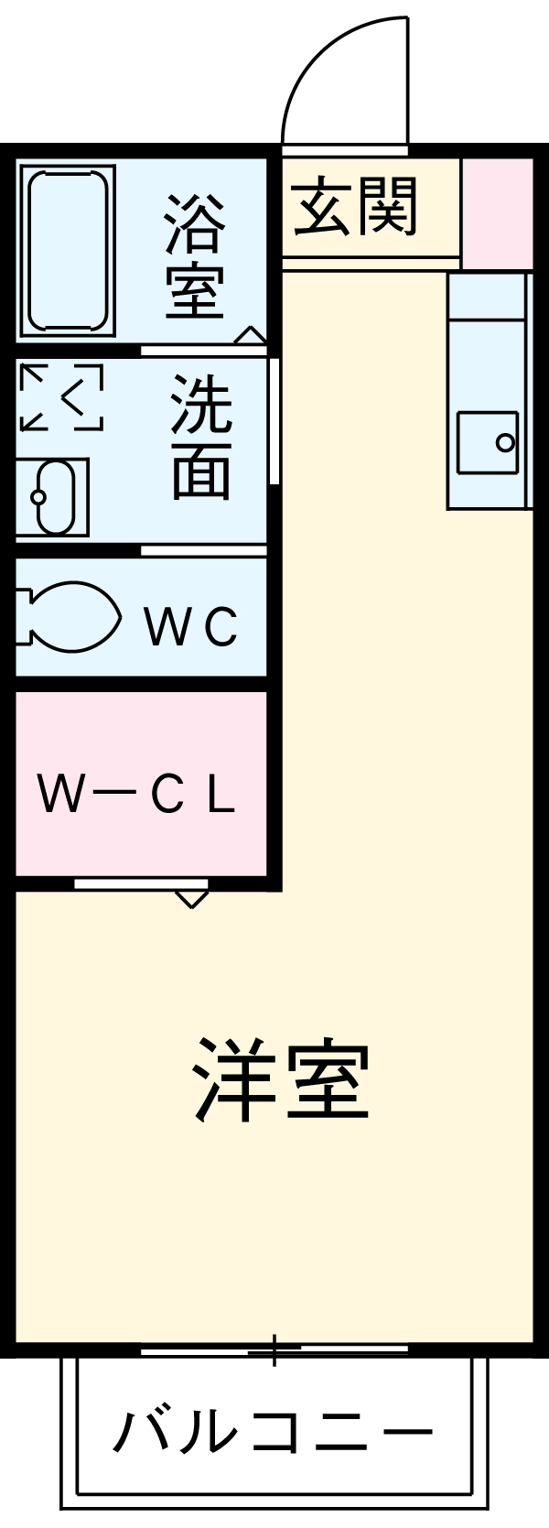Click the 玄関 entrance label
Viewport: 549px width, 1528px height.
point(355,206)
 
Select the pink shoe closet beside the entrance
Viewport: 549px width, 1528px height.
point(497,213)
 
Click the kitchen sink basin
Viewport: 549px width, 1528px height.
point(489,443)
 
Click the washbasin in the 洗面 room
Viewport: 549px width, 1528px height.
point(53,497)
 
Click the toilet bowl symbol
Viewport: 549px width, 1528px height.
point(70,617)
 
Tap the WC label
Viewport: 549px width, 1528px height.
point(191,627)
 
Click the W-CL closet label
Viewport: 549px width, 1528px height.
point(137,796)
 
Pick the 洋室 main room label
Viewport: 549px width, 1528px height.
point(281,1080)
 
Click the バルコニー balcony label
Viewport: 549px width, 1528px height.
point(272,1431)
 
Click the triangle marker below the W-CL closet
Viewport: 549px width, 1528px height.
point(191,898)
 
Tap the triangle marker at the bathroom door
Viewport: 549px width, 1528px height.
point(249,336)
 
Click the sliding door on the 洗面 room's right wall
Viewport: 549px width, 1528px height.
point(274,421)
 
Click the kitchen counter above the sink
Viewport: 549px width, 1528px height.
point(487,298)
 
